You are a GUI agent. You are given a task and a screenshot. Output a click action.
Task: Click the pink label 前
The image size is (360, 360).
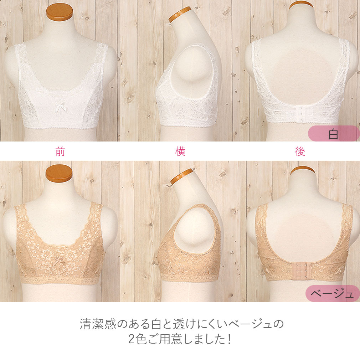[60, 151]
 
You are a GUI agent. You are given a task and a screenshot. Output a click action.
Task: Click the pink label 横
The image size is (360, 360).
[180, 151]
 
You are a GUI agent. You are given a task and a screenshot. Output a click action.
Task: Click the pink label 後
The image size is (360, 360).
[300, 151]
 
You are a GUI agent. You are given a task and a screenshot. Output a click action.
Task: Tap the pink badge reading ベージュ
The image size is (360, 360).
[333, 293]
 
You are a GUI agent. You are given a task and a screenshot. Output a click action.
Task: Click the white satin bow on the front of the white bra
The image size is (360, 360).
[61, 108]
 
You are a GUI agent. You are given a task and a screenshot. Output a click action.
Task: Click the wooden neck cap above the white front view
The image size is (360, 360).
[60, 12]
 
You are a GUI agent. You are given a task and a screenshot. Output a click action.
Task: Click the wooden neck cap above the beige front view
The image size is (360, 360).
[59, 173]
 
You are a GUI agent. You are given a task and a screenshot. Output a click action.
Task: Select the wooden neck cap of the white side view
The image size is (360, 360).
[180, 14]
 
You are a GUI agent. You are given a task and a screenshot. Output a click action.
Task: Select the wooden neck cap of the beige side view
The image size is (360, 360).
[181, 176]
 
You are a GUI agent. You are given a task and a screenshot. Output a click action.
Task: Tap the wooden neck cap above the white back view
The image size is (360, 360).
[301, 5]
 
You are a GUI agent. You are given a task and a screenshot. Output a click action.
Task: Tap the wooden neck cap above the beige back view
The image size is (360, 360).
[303, 170]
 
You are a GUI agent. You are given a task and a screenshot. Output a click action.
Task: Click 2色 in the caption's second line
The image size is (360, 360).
[137, 339]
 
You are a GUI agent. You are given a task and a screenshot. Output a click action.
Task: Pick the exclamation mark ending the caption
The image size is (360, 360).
[230, 339]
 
